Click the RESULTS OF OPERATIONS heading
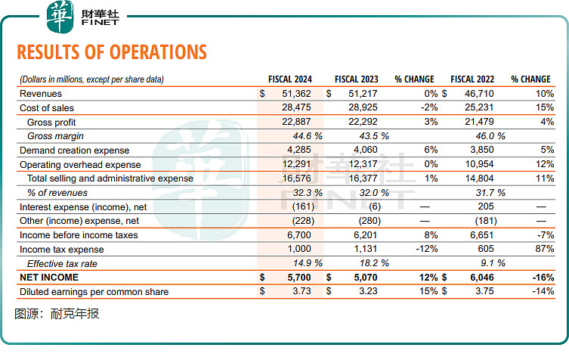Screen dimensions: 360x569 coord(111,51)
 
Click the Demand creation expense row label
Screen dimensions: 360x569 coord(75,151)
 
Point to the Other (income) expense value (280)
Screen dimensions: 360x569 coord(374,221)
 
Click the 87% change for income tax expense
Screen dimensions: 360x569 coord(545,249)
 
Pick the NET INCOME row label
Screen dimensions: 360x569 coord(50,278)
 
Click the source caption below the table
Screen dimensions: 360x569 coord(57,314)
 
